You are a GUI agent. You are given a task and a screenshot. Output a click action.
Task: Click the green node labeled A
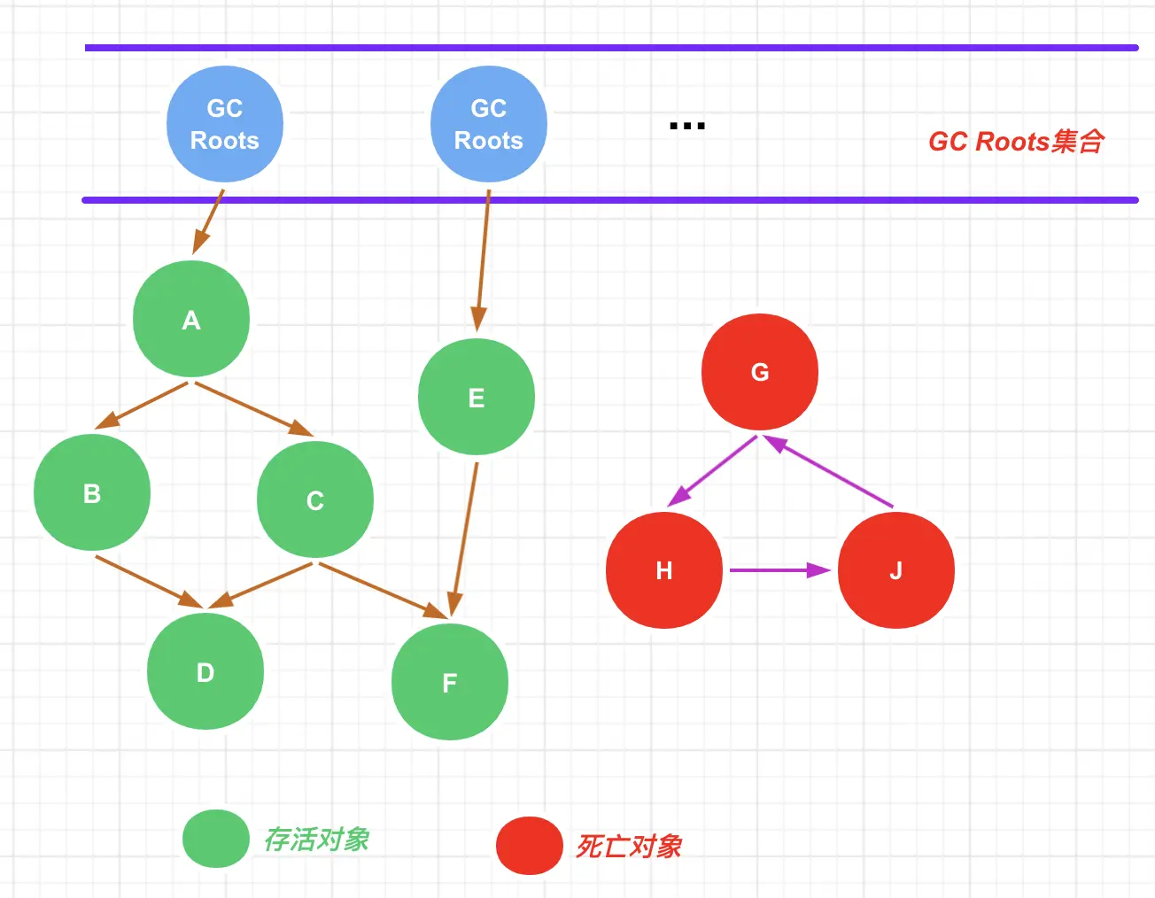click(191, 319)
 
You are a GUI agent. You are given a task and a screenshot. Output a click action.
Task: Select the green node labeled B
click(92, 492)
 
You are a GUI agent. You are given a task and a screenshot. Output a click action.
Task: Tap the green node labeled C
click(315, 499)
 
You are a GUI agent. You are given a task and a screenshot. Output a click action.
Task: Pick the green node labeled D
click(205, 671)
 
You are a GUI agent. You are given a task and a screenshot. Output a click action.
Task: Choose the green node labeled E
click(477, 397)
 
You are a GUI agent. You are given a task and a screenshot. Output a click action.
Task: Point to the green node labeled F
click(450, 682)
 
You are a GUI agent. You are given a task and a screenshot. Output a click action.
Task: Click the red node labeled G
click(760, 372)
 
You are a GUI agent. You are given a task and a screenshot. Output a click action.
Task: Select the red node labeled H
click(664, 570)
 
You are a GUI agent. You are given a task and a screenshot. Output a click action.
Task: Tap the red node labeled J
click(896, 570)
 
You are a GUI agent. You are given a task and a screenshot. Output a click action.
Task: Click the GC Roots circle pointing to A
click(225, 124)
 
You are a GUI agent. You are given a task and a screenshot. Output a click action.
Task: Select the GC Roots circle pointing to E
click(489, 124)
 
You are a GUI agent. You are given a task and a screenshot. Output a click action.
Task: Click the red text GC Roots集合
click(1016, 142)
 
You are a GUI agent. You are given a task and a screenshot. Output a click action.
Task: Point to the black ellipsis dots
click(687, 127)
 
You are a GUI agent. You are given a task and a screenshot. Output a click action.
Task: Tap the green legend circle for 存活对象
click(216, 839)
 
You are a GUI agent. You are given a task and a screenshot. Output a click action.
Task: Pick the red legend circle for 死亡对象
click(530, 846)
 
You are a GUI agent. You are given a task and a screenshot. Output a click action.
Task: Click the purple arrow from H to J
click(779, 570)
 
